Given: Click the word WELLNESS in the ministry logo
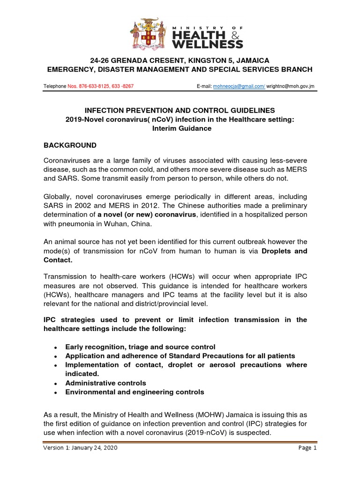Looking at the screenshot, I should [208, 44].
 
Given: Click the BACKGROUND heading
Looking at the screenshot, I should [70, 145].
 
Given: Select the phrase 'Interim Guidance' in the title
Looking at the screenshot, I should [180, 128].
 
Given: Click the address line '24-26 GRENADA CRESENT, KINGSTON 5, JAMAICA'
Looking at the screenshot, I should [180, 60].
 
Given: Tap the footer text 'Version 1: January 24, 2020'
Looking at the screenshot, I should [80, 448].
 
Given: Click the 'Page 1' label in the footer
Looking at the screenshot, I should [307, 448].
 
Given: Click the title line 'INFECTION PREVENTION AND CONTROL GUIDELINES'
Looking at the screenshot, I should [180, 111].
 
